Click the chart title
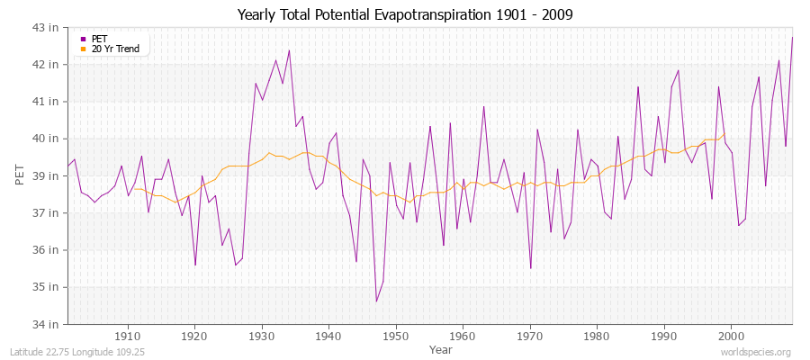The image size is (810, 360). click(x=404, y=14)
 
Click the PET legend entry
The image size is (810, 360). click(x=99, y=39)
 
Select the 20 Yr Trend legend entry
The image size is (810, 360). click(x=116, y=49)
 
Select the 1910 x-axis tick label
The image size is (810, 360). click(x=128, y=335)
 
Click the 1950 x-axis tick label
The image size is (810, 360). click(x=395, y=335)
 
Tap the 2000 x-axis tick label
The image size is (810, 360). click(x=730, y=335)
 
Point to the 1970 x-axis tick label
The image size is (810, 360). click(x=529, y=335)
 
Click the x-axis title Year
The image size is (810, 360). click(x=441, y=348)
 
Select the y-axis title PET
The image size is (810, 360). click(x=21, y=175)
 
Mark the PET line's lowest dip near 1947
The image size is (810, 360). click(x=376, y=301)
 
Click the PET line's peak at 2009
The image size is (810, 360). click(x=792, y=38)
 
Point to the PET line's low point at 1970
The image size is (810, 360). click(x=530, y=268)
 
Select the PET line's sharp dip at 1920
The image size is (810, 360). click(x=195, y=265)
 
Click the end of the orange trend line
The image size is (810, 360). click(x=724, y=135)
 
